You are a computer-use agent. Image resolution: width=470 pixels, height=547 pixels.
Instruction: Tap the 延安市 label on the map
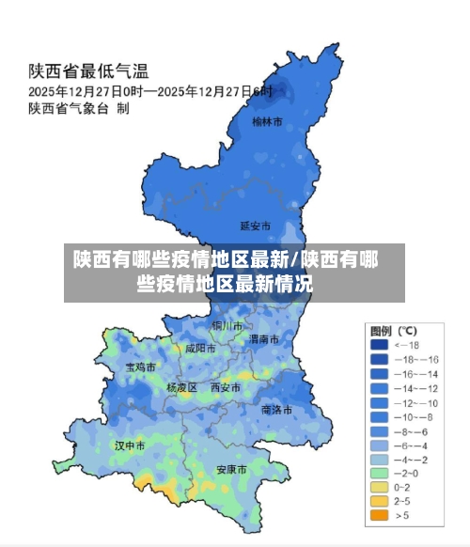(x=255, y=227)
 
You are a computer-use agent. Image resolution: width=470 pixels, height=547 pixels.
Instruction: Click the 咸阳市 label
(x=200, y=348)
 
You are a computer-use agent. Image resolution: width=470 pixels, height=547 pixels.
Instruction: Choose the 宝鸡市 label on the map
(x=141, y=367)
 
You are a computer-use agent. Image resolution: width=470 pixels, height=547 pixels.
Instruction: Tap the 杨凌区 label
(x=181, y=387)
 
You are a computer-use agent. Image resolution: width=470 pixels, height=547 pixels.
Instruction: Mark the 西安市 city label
(x=226, y=387)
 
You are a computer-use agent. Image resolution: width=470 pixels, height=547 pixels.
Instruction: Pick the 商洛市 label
(x=276, y=410)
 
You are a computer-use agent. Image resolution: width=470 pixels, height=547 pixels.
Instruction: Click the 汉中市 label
(x=130, y=445)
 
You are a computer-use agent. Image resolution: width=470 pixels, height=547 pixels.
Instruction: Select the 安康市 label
(x=231, y=469)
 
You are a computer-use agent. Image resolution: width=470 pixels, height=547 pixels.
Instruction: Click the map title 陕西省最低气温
(x=88, y=70)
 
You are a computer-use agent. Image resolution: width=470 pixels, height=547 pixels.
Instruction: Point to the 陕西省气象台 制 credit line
(x=79, y=109)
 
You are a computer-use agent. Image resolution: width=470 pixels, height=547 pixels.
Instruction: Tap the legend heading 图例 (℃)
(x=394, y=331)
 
